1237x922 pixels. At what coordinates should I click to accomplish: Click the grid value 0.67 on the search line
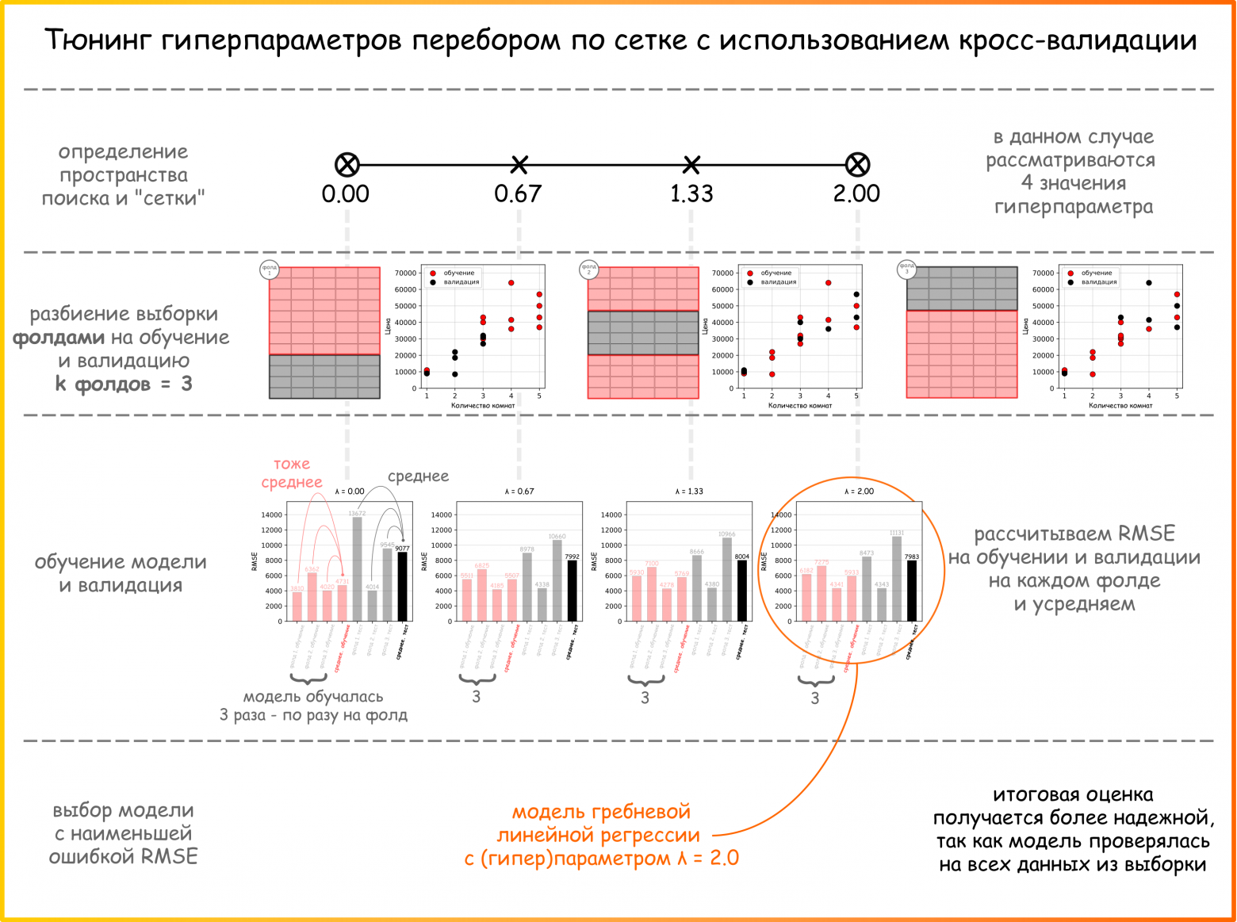pos(518,193)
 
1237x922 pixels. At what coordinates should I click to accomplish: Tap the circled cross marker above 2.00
pos(857,165)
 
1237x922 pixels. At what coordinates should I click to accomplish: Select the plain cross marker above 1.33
pos(691,165)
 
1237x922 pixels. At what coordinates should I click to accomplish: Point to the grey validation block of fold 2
pos(643,333)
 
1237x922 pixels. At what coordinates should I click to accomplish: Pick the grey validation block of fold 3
pos(962,289)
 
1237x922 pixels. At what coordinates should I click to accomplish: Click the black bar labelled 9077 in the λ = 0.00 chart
pos(403,587)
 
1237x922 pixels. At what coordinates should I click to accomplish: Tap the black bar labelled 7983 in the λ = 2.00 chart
pos(912,591)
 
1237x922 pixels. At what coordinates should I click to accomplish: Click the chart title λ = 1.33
pos(689,492)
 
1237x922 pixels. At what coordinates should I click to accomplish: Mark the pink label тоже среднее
pos(292,473)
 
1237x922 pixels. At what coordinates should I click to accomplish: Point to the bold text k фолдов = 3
pos(124,384)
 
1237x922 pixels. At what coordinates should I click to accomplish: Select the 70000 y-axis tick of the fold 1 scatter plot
pos(405,273)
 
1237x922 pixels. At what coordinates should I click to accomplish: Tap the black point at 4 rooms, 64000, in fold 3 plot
pos(1149,283)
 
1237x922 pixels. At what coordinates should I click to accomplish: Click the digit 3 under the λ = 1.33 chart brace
pos(645,698)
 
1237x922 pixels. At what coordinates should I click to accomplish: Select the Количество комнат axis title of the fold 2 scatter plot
pos(800,406)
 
